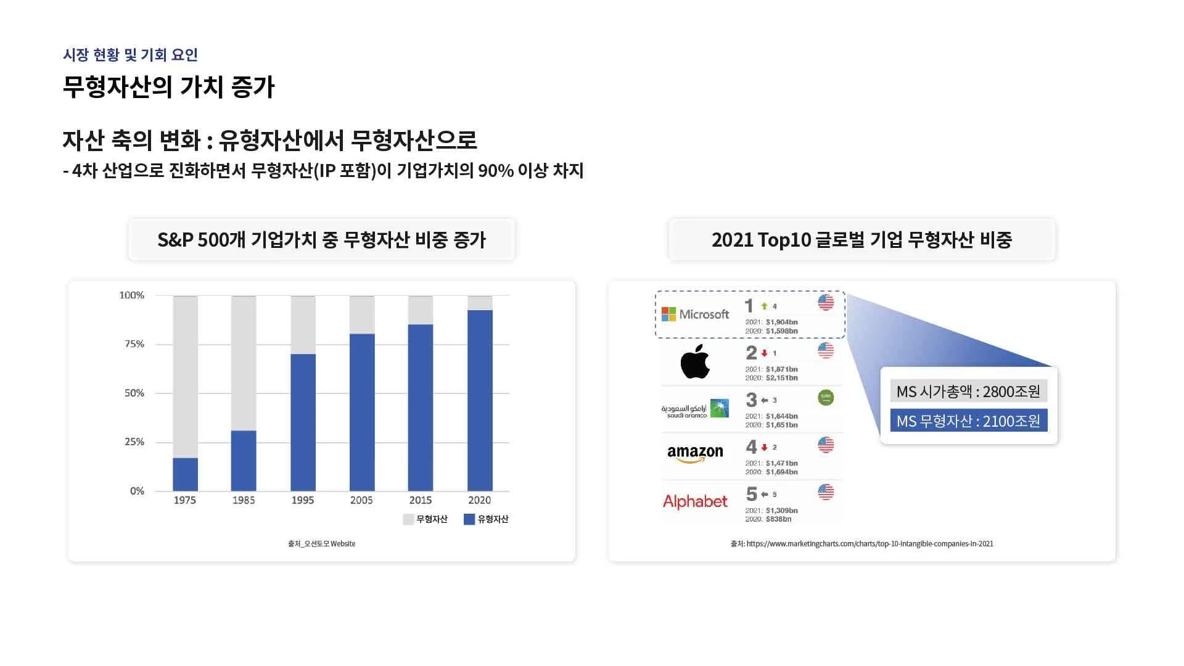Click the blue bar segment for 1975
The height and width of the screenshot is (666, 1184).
point(185,474)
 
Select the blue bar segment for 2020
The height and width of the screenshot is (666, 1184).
point(480,400)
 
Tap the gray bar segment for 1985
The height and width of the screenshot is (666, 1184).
point(244,363)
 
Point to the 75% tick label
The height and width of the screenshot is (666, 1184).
point(134,344)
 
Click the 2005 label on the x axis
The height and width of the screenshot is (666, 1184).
point(361,500)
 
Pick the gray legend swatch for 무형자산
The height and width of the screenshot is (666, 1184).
point(408,519)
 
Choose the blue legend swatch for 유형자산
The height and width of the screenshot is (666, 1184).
point(469,519)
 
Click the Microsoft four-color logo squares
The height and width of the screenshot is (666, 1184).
point(668,314)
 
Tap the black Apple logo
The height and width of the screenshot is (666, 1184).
point(695,362)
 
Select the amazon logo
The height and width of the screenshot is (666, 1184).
point(695,454)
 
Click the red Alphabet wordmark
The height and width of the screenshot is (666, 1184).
point(695,502)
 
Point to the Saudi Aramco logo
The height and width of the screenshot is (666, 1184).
point(695,408)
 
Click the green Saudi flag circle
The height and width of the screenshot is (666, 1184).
point(826,398)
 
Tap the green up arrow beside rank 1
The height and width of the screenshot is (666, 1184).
point(765,306)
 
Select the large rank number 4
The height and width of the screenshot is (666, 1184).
point(751,446)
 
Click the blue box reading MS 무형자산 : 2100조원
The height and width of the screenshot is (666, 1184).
point(969,421)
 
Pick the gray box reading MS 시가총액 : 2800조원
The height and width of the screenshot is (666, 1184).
point(969,391)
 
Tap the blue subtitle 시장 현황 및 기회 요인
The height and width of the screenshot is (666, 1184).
point(130,55)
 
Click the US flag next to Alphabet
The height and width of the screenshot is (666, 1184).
point(826,492)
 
